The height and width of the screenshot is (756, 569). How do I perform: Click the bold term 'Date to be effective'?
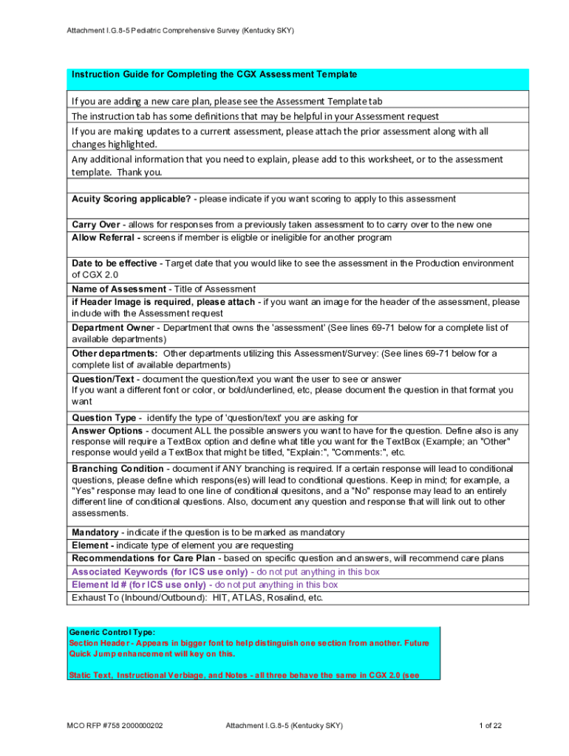pos(114,264)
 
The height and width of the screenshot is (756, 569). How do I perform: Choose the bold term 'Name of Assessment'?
pos(118,289)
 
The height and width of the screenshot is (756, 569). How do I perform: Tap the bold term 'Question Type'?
pos(103,418)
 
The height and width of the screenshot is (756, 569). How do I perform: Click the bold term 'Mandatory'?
pos(95,533)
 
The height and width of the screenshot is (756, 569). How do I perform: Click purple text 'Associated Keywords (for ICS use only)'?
pos(160,572)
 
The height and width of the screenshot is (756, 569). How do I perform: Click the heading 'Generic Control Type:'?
pos(112,633)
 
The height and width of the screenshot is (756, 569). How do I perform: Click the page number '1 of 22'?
pos(491,726)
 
